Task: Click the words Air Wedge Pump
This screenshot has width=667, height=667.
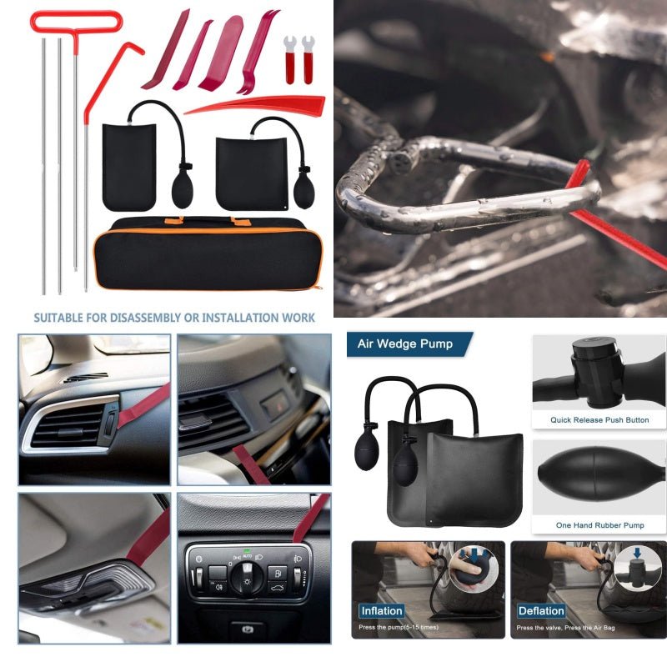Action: pos(405,344)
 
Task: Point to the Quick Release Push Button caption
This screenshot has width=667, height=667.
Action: pos(599,420)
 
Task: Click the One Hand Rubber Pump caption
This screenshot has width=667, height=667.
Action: pos(599,525)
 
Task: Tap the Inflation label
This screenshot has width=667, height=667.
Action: pos(382,610)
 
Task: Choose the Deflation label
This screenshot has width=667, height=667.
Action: pos(541,610)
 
